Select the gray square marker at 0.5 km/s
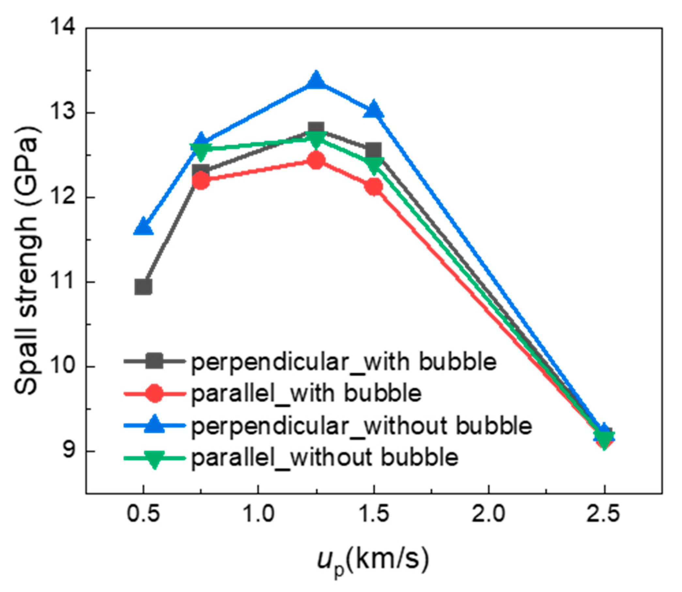coord(143,287)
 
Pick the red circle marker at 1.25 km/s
coord(316,161)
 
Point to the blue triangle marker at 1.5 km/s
coord(374,110)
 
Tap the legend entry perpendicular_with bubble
coord(344,362)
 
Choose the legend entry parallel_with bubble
coord(306,394)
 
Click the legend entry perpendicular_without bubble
coord(361,426)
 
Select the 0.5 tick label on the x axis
coord(143,516)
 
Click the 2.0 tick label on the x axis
coord(488,516)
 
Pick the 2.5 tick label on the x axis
coord(604,516)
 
